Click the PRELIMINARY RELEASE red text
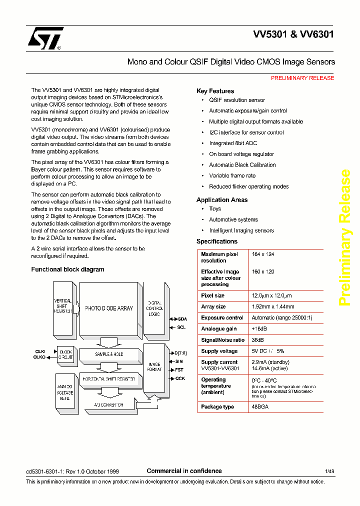click(302, 78)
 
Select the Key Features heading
click(215, 91)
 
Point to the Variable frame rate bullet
click(232, 175)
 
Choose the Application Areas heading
click(222, 200)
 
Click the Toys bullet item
click(215, 208)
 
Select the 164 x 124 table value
click(262, 254)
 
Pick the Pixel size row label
click(212, 295)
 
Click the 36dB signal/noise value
click(258, 340)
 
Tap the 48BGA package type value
click(260, 407)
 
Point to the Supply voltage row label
click(219, 351)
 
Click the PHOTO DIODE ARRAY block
click(108, 308)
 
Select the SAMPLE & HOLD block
click(108, 354)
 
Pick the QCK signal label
click(180, 378)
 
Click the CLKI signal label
click(39, 351)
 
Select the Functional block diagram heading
click(67, 269)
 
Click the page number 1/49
click(329, 471)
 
